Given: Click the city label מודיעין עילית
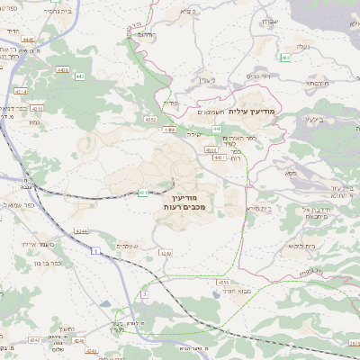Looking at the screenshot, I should [255, 111].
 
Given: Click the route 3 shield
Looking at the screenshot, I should [143, 294].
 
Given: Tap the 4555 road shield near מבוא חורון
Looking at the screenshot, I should [222, 282].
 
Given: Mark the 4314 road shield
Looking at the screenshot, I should [20, 91].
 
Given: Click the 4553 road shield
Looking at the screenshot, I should [149, 118].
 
